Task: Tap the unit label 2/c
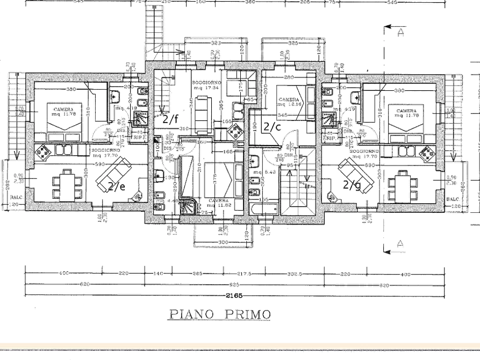point(273,127)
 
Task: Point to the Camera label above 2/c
point(289,100)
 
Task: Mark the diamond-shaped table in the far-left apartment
point(44,153)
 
